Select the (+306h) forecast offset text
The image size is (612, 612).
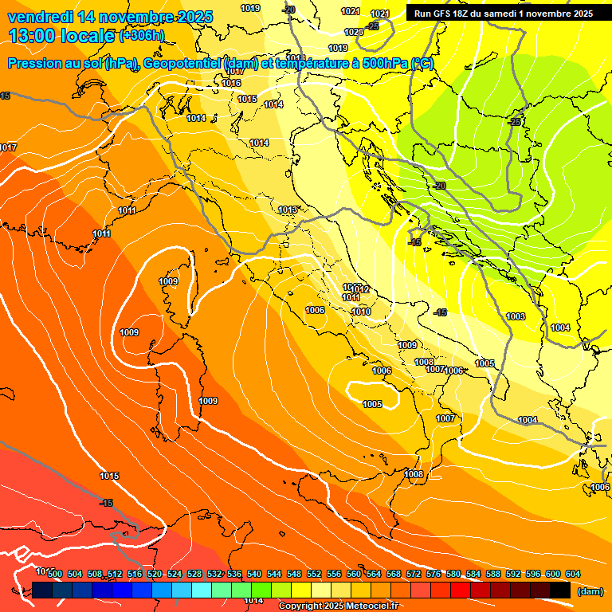(143, 36)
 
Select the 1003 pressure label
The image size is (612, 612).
(516, 316)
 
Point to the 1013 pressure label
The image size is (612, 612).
(288, 210)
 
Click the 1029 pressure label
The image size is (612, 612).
(354, 32)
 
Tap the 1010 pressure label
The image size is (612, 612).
(361, 312)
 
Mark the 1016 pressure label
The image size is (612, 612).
(232, 83)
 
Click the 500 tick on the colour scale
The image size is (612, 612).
(55, 574)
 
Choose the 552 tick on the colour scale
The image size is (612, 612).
(314, 574)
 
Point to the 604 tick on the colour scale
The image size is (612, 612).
(573, 574)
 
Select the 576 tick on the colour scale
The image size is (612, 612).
(433, 574)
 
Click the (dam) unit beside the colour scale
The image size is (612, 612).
(589, 590)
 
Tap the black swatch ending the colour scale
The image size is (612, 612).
(560, 590)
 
